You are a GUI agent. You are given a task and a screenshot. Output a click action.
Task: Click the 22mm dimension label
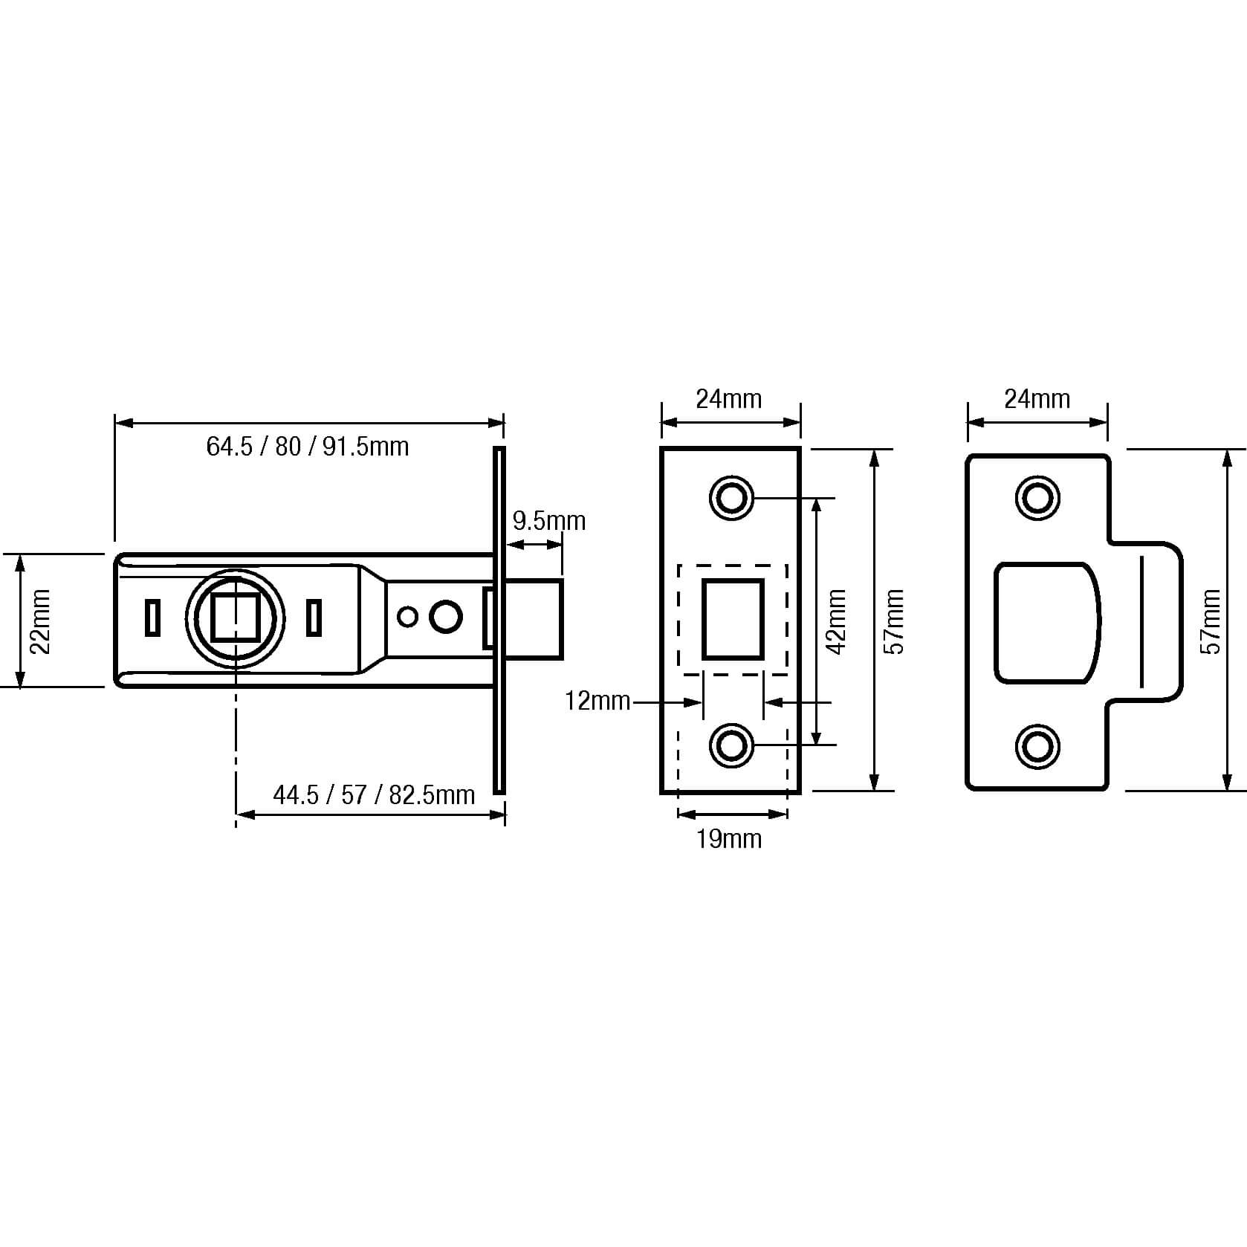40,621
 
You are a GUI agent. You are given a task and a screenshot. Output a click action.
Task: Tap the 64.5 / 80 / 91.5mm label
308,447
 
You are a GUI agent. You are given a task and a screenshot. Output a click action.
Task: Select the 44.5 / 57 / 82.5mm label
374,795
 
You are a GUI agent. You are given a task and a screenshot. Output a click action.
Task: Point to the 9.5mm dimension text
549,521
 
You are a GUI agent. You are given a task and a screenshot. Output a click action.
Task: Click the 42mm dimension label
837,621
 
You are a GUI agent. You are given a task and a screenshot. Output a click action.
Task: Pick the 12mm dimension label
597,700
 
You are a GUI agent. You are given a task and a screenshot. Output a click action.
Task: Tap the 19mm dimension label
729,839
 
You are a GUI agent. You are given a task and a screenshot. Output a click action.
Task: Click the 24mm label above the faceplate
729,399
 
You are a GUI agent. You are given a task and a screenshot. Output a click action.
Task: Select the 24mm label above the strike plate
1037,399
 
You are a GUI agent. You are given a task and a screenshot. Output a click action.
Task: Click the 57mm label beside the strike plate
1212,621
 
